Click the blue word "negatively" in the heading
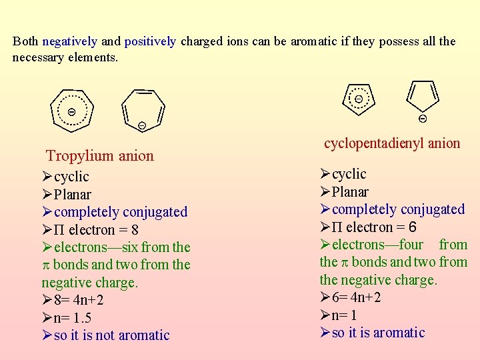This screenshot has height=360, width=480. click(x=70, y=41)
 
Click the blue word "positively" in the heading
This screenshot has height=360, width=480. click(x=150, y=41)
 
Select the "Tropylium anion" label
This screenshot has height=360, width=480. click(x=99, y=156)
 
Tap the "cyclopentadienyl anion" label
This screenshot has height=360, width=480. click(x=392, y=143)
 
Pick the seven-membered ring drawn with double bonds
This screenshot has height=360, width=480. click(x=143, y=107)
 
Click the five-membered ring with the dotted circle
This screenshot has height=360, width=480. click(x=359, y=99)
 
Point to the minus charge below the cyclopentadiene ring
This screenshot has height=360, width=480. click(x=423, y=119)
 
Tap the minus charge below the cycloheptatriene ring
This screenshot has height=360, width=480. click(x=142, y=125)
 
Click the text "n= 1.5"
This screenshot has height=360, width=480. click(x=73, y=318)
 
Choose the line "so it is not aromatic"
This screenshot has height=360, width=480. click(x=111, y=335)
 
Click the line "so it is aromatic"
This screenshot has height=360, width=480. click(x=378, y=333)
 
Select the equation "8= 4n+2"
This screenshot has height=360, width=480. click(x=79, y=301)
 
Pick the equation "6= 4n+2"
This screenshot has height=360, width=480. click(x=357, y=297)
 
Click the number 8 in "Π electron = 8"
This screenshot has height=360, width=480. click(x=135, y=230)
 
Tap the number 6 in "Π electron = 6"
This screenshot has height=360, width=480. click(x=413, y=227)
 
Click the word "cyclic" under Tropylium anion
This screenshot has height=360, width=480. click(x=71, y=177)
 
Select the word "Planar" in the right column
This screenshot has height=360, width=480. click(x=350, y=192)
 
